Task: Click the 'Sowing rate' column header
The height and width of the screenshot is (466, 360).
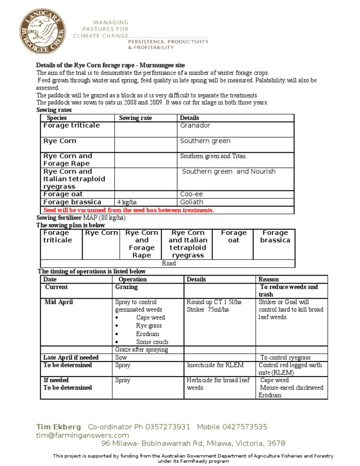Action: click(x=135, y=118)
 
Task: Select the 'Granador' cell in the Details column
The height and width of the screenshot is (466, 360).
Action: click(x=195, y=126)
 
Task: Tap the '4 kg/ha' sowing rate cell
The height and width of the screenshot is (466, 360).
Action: click(x=127, y=203)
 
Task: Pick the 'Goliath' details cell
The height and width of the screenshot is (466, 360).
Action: click(x=192, y=202)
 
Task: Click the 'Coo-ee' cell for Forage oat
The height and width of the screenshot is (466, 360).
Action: click(x=191, y=194)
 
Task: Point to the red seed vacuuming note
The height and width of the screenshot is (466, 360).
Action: click(x=128, y=210)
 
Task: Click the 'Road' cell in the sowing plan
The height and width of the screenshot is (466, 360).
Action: click(x=169, y=263)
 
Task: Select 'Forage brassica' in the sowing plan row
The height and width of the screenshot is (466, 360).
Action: click(x=275, y=236)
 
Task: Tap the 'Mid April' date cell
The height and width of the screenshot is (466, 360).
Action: click(x=56, y=302)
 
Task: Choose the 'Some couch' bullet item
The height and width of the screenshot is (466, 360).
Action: click(x=152, y=342)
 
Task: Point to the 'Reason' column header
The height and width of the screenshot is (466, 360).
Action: click(x=269, y=279)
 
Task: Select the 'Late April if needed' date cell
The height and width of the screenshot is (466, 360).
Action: click(x=71, y=358)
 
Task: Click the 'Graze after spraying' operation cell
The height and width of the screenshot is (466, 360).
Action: click(x=142, y=350)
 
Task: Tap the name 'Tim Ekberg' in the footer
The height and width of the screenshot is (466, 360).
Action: click(x=59, y=427)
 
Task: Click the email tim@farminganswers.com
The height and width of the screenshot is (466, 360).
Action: click(x=82, y=435)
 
